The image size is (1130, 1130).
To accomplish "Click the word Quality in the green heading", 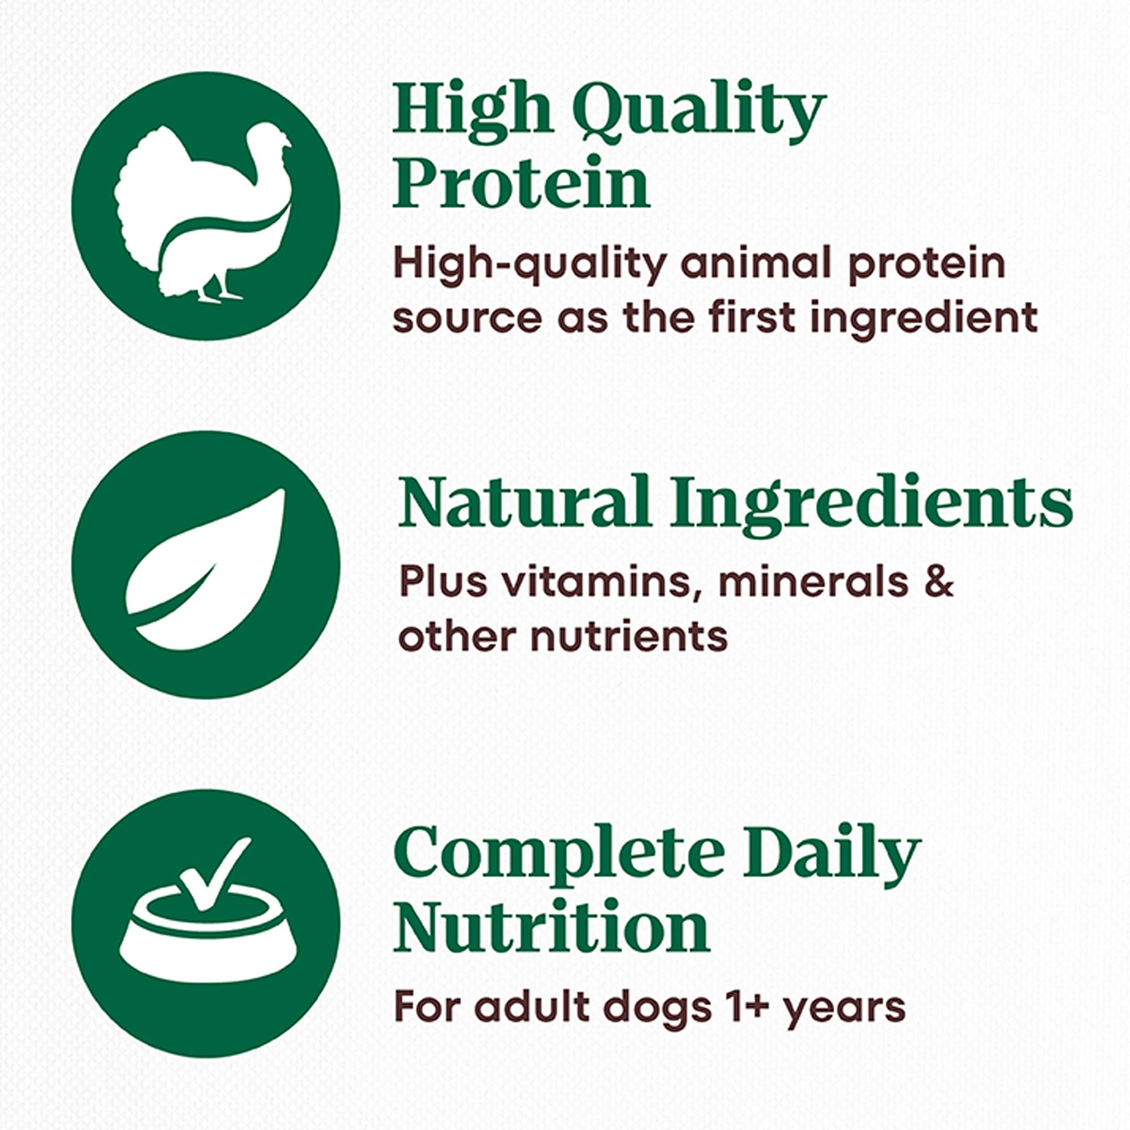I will (698, 111).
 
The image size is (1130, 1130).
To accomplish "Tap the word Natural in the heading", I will (524, 503).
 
